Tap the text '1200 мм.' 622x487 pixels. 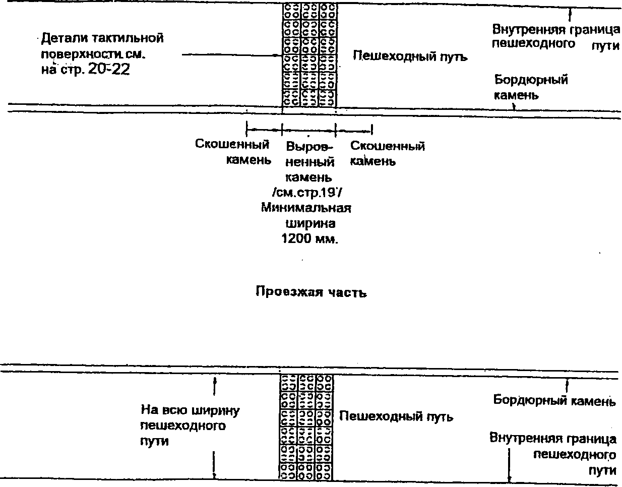(309, 239)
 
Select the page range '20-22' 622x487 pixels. (109, 70)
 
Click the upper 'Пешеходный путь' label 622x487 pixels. (409, 56)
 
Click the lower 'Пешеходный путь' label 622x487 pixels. (396, 417)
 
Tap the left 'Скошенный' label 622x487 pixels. (232, 145)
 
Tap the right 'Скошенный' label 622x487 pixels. (387, 146)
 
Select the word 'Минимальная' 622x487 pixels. (306, 208)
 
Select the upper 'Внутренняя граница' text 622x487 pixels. (556, 29)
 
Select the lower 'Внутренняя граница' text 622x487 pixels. (553, 438)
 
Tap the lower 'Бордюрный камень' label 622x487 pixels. (554, 401)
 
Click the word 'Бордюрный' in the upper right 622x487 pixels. (531, 80)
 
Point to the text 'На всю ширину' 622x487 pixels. (190, 410)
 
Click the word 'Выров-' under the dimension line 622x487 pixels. (309, 147)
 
